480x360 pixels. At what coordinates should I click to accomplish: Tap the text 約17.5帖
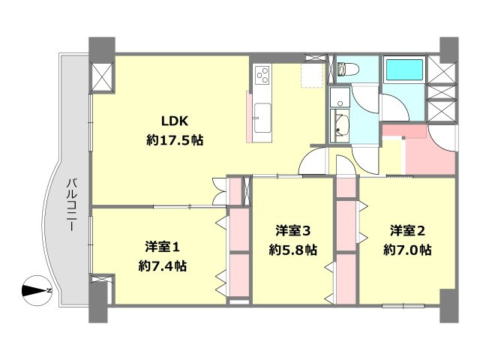[x=175, y=140]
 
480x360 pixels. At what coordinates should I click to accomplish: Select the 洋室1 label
[x=162, y=246]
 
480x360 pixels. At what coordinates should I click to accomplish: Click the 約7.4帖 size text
[x=163, y=265]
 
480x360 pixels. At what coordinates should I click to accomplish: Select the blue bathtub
[x=404, y=71]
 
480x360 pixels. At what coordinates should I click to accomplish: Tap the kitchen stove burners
[x=263, y=75]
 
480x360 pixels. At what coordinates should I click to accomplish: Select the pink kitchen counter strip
[x=250, y=117]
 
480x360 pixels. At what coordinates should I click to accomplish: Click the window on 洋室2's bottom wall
[x=403, y=305]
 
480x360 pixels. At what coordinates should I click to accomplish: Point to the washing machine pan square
[x=340, y=96]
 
